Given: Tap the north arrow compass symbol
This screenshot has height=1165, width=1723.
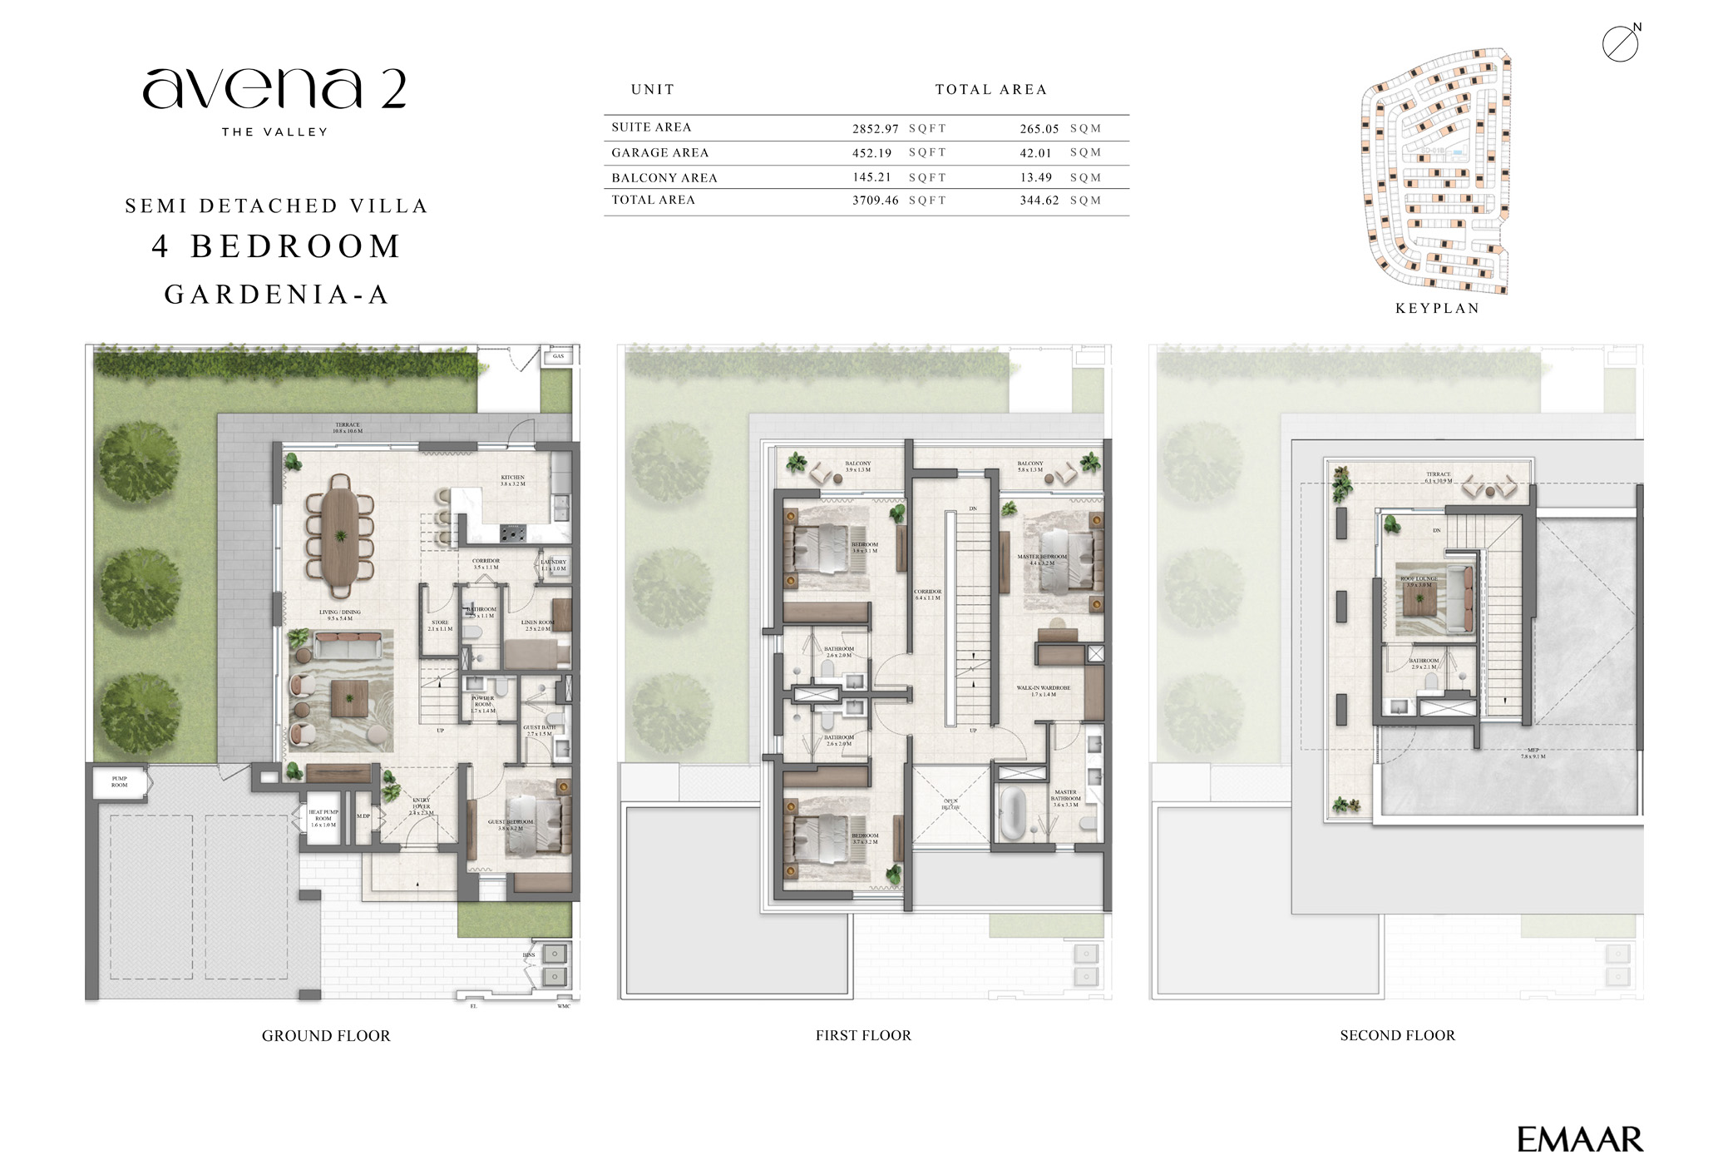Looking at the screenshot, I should tap(1620, 43).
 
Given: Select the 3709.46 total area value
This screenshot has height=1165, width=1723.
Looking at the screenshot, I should tap(875, 201).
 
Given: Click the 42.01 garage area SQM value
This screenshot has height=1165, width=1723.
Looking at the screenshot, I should tap(1035, 153).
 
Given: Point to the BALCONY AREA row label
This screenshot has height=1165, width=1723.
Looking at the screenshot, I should tap(664, 178).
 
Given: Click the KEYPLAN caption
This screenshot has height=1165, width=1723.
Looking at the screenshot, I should tap(1437, 309).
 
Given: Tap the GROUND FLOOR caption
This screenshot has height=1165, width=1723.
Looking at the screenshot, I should tap(326, 1036).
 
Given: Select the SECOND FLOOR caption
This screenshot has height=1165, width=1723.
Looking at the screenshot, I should tap(1397, 1036).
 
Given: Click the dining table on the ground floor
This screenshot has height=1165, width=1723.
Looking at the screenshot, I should tap(341, 537).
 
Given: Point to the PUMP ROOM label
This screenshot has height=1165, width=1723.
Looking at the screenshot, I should tap(120, 782).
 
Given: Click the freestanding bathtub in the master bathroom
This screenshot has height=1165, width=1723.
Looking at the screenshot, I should tap(1012, 812).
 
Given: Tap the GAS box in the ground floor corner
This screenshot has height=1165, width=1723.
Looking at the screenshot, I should tap(558, 356).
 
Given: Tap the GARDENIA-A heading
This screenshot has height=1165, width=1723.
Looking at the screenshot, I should tap(277, 295).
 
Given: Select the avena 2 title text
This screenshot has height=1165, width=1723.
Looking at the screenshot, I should tap(274, 90).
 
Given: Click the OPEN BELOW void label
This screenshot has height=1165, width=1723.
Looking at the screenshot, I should tap(950, 805).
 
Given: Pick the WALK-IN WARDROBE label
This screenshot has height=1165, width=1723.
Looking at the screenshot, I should tap(1043, 691).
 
